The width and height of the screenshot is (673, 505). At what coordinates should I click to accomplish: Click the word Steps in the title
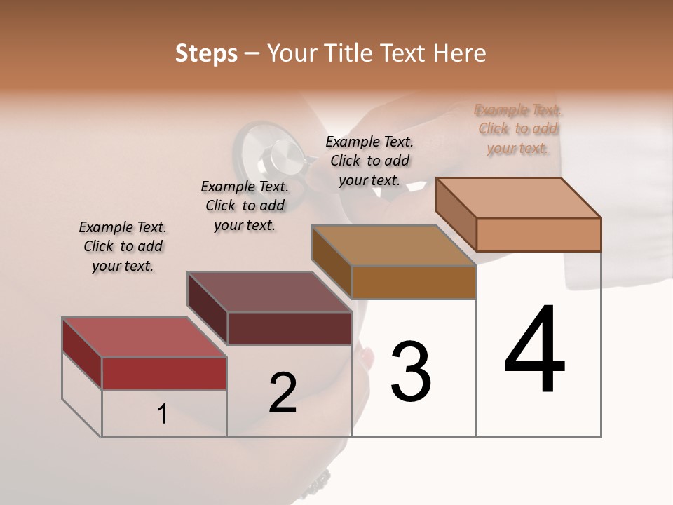coord(206,53)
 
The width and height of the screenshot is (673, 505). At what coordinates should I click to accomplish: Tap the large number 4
coord(534,351)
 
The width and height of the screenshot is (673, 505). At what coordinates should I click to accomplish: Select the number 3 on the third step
coord(411,372)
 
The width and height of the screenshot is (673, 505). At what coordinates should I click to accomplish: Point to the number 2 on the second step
coord(283,393)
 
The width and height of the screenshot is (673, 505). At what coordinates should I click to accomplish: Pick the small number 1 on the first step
coord(163,415)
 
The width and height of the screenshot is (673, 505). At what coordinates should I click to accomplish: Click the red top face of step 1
coord(144,337)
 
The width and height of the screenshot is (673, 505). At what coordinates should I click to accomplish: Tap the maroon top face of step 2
coord(269,292)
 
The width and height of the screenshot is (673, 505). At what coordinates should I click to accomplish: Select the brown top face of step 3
coord(393,245)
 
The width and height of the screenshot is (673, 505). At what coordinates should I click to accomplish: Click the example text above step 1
coord(123,246)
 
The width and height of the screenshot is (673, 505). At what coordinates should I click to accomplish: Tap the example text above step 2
coord(245,206)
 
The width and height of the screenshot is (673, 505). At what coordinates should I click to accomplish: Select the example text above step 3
coord(369,161)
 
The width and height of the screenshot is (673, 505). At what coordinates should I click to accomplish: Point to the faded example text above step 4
coord(518,129)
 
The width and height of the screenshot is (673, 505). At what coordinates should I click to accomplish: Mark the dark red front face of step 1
coord(164,373)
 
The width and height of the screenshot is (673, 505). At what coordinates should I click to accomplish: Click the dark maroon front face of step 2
coord(290,328)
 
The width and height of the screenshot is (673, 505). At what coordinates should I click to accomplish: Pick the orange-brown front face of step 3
coord(414,282)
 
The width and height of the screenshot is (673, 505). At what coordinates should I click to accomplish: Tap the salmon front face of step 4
coord(538,234)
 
